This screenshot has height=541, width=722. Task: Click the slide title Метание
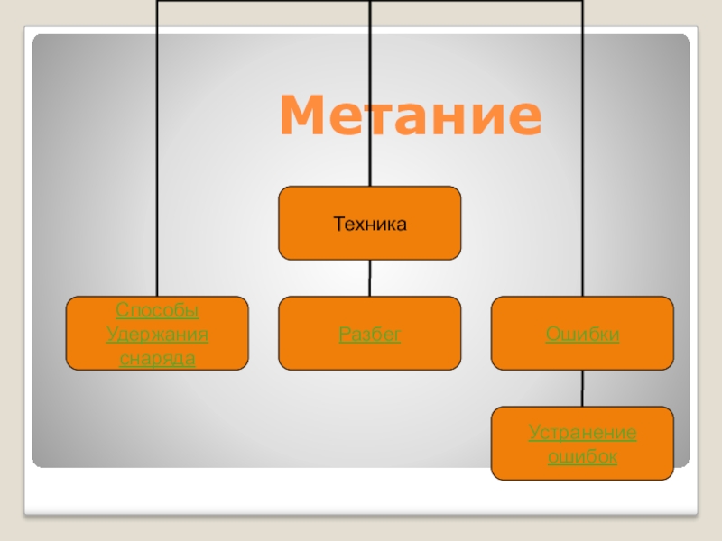411,116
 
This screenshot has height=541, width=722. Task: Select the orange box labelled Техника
369,223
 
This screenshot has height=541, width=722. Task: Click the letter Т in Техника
338,222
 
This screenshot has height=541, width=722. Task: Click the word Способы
157,311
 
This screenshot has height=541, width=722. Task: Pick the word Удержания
157,335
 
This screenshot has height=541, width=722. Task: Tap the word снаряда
157,359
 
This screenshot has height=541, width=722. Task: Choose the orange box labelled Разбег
369,334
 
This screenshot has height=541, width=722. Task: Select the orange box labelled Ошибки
582,334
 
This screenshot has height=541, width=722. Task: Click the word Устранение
582,433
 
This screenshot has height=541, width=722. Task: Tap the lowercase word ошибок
582,456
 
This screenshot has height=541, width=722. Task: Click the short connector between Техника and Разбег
369,279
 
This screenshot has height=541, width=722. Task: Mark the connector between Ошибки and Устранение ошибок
582,389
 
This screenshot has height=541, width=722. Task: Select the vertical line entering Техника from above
369,90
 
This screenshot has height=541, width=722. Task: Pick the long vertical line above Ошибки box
582,153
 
